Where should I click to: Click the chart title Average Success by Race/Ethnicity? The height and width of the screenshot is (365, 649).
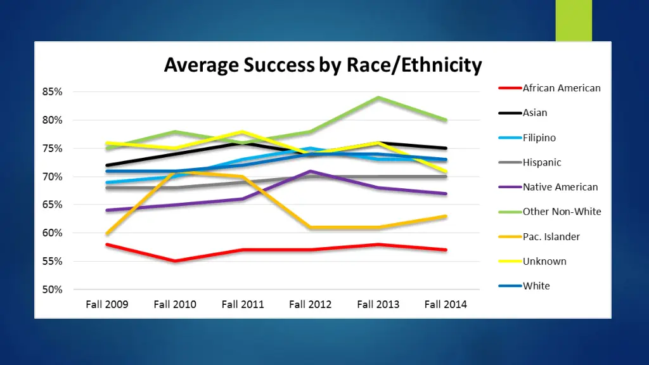(x=323, y=65)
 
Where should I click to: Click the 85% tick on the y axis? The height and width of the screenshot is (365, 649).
(x=53, y=92)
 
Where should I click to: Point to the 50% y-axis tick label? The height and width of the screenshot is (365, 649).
(x=53, y=290)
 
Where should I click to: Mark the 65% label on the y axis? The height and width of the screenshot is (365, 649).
(x=53, y=205)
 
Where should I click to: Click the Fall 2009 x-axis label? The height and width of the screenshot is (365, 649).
(x=107, y=304)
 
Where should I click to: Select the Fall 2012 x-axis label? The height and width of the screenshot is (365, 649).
(x=311, y=304)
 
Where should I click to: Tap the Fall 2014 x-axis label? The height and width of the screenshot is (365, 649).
(x=446, y=304)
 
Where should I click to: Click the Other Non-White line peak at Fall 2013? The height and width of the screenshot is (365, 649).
(x=378, y=98)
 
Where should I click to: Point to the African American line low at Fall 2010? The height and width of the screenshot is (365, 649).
(x=175, y=261)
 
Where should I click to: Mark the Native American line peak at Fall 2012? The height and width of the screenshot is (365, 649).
(x=311, y=171)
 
